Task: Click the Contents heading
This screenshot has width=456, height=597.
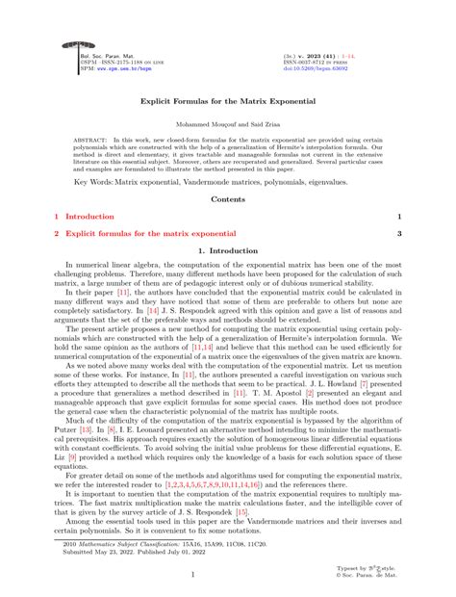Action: (227, 198)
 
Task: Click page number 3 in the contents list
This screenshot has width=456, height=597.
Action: (398, 233)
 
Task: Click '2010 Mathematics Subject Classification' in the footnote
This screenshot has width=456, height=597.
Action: (116, 542)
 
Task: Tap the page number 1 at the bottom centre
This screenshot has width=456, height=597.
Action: (227, 575)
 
